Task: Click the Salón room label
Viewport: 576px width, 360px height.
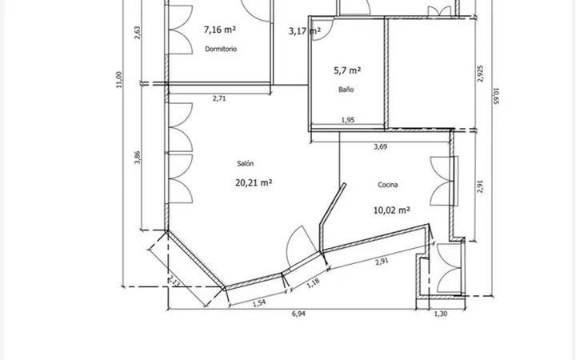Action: point(246,163)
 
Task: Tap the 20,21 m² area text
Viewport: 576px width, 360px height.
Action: point(254,182)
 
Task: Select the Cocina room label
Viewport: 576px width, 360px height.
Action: point(388,185)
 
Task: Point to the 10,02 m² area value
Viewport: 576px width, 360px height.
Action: point(391,210)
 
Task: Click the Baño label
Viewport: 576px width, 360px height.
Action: point(346,90)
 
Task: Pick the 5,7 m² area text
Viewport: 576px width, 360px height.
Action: point(347,70)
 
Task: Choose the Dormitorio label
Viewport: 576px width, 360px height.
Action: point(221,49)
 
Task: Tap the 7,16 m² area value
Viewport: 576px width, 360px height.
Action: point(220,30)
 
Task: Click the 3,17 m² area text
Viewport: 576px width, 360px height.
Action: point(305,31)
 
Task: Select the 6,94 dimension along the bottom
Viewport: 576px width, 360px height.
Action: point(298,314)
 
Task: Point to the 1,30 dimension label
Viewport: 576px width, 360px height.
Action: point(441,314)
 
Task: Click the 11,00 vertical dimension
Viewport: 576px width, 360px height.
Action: point(118,80)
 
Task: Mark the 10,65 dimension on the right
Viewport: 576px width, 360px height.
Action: point(496,95)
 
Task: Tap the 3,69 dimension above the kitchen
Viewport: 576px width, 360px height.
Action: point(381,146)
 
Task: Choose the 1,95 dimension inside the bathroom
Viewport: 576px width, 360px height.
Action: point(348,120)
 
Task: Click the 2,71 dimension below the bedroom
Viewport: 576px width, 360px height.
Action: point(219,98)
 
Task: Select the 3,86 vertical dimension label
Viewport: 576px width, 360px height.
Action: point(138,158)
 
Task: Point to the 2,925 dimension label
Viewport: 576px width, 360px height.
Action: point(480,74)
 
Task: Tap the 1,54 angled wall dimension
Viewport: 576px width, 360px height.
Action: point(259,302)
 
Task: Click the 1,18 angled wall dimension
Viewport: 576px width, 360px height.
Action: point(313,283)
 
